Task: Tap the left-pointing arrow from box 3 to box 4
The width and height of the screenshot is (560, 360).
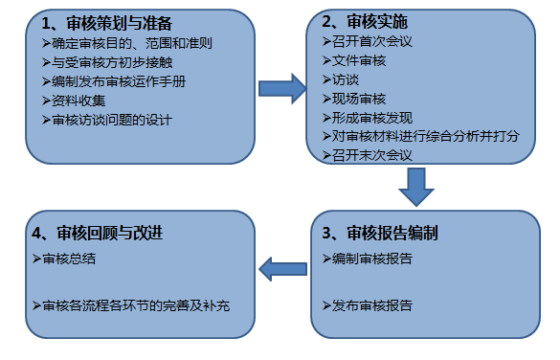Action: click(x=284, y=273)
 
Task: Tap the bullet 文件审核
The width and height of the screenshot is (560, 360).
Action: click(x=355, y=62)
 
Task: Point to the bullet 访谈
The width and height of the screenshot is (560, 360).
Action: click(x=343, y=80)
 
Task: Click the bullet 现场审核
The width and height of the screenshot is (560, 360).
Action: click(x=355, y=99)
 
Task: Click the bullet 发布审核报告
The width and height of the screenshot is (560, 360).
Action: click(x=369, y=305)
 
